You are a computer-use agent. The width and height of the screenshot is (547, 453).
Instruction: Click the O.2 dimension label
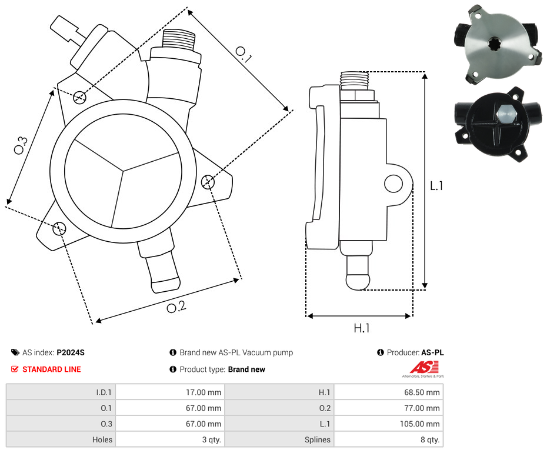coord(176,307)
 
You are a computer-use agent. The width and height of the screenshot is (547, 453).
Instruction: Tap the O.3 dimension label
coord(21,145)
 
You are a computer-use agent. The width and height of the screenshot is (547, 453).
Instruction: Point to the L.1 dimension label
coord(436,186)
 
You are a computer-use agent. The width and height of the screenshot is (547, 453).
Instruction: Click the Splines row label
coord(317,439)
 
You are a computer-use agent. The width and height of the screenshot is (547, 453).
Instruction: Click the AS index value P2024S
coord(71,352)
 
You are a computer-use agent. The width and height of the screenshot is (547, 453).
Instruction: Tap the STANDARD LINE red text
coord(51,369)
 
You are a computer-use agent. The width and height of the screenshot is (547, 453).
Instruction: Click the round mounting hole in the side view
coord(393,185)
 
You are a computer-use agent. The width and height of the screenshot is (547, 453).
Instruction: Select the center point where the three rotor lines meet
coord(123,172)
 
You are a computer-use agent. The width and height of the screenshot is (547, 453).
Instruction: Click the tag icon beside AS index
coord(15,352)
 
